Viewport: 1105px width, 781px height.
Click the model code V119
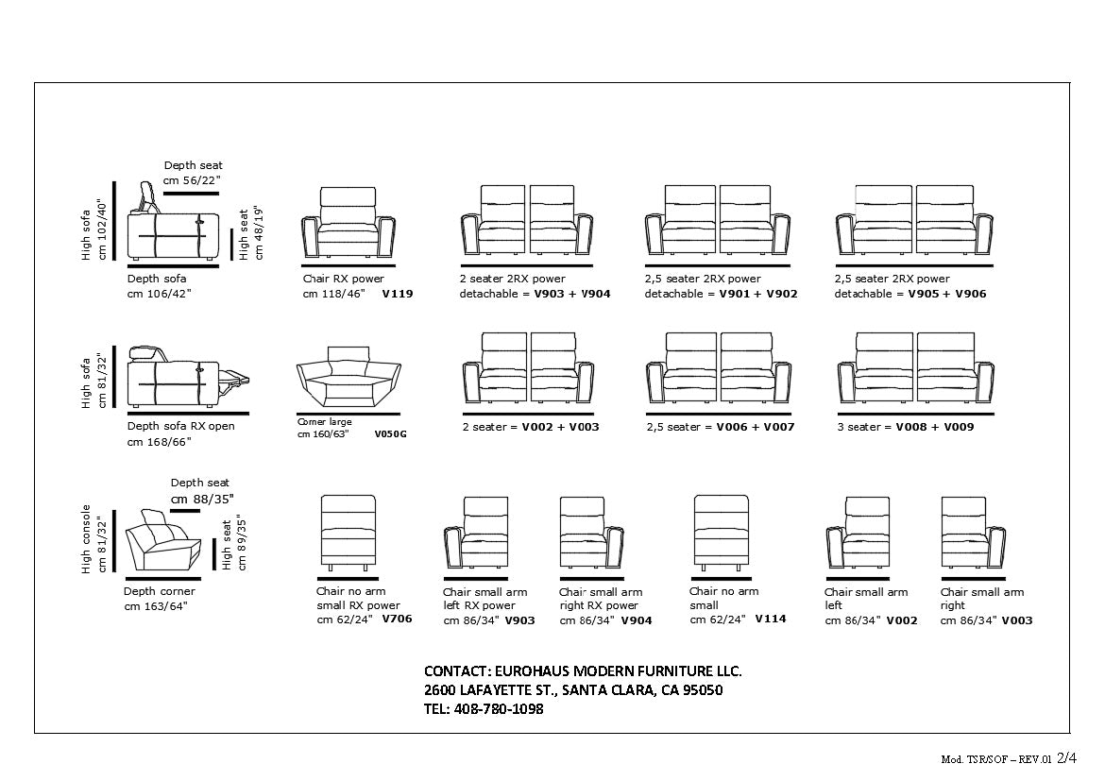[397, 294]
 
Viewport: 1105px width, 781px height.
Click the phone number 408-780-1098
[499, 708]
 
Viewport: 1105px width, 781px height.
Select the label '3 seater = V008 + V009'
[904, 427]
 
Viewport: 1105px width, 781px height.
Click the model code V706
[397, 620]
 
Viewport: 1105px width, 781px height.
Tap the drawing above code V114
[721, 533]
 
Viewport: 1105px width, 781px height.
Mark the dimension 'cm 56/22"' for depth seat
[192, 180]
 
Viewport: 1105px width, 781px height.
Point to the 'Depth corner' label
[160, 592]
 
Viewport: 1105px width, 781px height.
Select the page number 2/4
[1066, 757]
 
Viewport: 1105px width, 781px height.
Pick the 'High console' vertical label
[86, 538]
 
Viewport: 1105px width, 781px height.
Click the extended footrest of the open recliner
[236, 380]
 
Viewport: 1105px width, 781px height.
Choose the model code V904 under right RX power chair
[636, 620]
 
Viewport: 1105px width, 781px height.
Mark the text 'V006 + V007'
[755, 427]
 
